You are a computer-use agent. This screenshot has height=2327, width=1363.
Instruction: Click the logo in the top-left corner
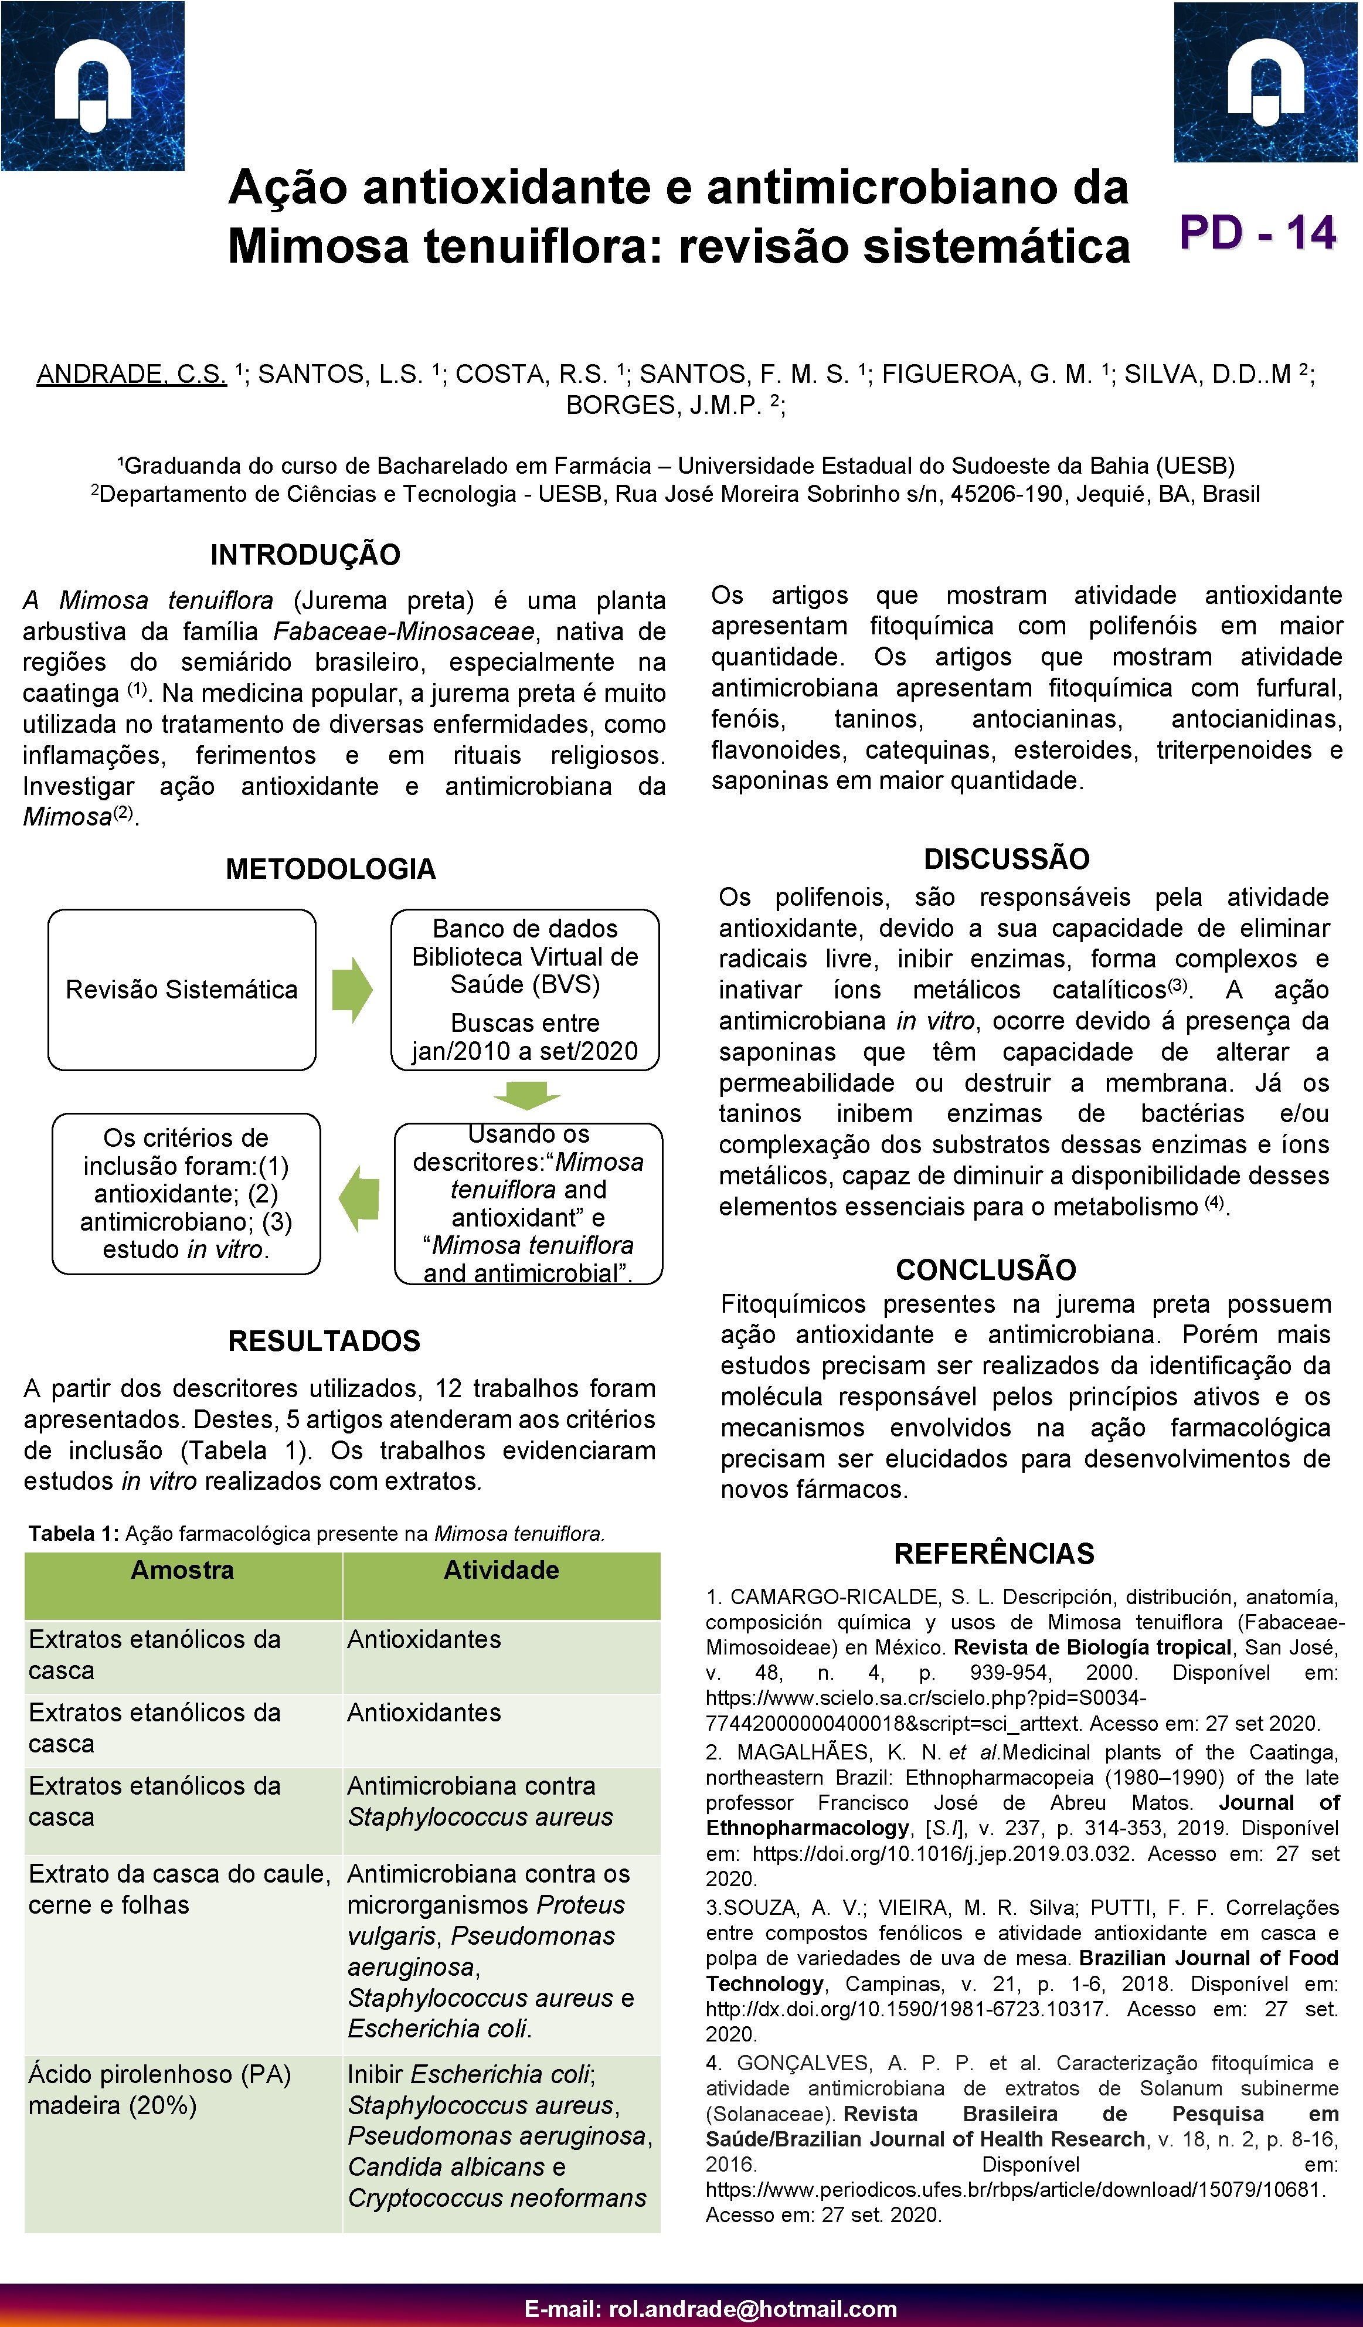tap(93, 86)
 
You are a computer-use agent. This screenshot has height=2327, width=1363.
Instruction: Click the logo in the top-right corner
tap(1266, 83)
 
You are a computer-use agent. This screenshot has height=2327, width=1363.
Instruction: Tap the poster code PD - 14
tap(1257, 233)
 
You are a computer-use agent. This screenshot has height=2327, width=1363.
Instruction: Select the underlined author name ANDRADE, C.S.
tap(131, 374)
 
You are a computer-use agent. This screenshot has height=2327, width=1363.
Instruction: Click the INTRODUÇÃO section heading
tap(305, 555)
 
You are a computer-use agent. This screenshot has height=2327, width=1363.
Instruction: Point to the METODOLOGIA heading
tap(331, 869)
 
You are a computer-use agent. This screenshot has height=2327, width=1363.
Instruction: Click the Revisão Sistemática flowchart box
tap(182, 990)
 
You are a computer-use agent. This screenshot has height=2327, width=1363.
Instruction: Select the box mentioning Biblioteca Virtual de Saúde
tap(525, 990)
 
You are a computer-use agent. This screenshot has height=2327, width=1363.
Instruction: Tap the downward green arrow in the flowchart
tap(526, 1096)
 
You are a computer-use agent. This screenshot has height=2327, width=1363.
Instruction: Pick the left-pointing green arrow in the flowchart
tap(359, 1198)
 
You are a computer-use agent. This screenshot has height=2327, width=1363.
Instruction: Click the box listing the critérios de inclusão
tap(186, 1194)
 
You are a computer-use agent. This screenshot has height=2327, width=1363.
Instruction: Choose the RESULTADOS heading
tap(324, 1341)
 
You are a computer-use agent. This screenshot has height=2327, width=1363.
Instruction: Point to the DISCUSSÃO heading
tap(1007, 859)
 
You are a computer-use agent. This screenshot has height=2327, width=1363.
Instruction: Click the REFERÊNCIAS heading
tap(994, 1553)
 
